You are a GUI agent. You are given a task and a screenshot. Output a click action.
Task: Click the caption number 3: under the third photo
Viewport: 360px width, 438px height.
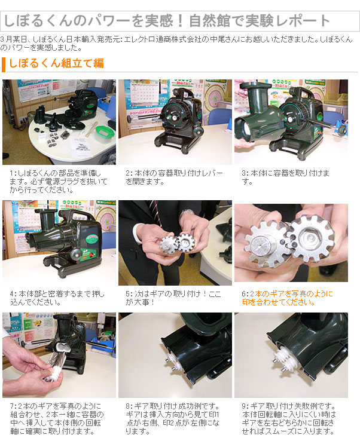coord(246,173)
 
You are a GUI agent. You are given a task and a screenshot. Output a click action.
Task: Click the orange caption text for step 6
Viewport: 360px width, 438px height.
coord(287,298)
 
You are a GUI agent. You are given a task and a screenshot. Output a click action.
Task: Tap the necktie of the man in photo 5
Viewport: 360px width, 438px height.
coord(157,212)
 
